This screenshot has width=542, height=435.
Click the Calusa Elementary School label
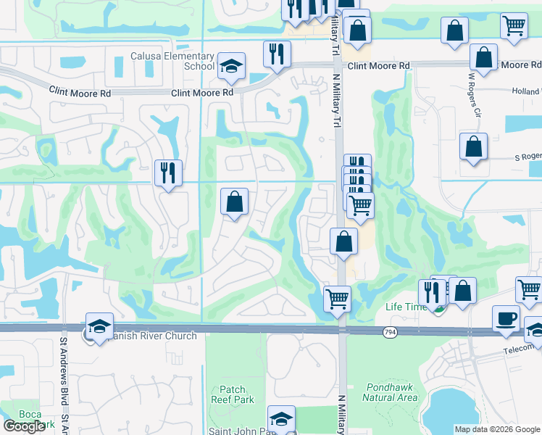pyautogui.click(x=172, y=61)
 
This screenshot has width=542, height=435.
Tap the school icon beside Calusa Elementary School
pyautogui.click(x=231, y=66)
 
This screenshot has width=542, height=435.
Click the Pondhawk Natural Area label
pyautogui.click(x=391, y=392)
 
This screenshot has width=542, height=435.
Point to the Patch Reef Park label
pyautogui.click(x=233, y=394)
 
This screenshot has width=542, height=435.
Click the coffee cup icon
pyautogui.click(x=506, y=318)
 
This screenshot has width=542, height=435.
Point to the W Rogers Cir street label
pyautogui.click(x=473, y=94)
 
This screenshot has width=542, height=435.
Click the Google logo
pyautogui.click(x=24, y=427)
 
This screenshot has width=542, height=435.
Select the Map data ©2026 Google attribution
pyautogui.click(x=496, y=429)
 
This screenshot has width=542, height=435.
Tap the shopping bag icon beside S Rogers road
pyautogui.click(x=473, y=147)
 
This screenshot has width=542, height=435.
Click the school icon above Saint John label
pyautogui.click(x=281, y=418)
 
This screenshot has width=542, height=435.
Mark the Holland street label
pyautogui.click(x=527, y=91)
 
